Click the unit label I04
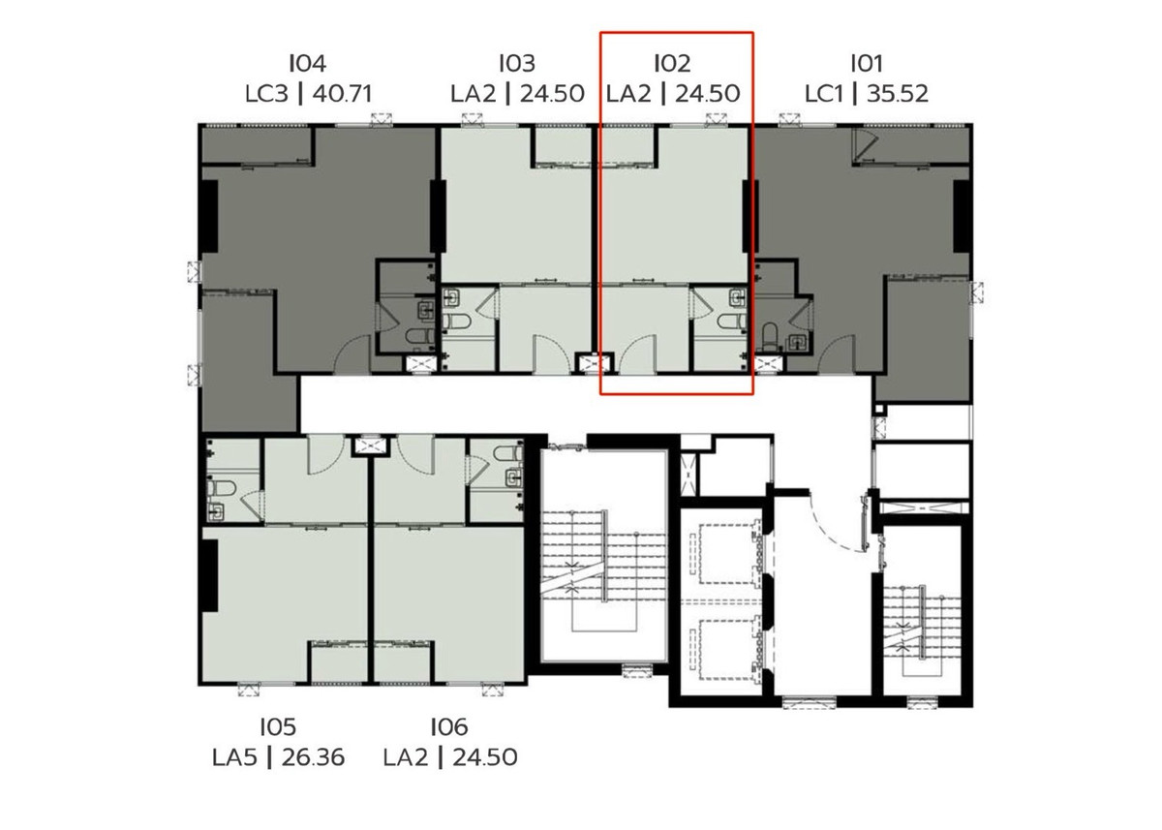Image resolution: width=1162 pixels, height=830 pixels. pyautogui.click(x=308, y=64)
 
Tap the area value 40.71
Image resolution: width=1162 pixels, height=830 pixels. pyautogui.click(x=342, y=94)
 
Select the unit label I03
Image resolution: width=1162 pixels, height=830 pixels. pyautogui.click(x=517, y=64)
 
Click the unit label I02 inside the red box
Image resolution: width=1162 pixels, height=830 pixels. pyautogui.click(x=672, y=64)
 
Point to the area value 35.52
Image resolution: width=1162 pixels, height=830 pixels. pyautogui.click(x=898, y=94)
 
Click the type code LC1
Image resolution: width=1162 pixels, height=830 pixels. pyautogui.click(x=824, y=94)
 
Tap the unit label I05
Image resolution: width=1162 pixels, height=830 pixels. pyautogui.click(x=278, y=727)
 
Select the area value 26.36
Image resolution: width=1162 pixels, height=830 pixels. pyautogui.click(x=313, y=758)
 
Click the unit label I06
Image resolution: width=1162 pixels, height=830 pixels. pyautogui.click(x=449, y=727)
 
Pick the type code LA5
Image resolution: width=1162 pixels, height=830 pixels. pyautogui.click(x=234, y=758)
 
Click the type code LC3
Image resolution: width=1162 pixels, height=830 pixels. pyautogui.click(x=266, y=94)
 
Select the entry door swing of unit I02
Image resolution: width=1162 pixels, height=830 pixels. pyautogui.click(x=638, y=354)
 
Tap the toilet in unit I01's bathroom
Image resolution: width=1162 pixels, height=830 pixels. pyautogui.click(x=771, y=337)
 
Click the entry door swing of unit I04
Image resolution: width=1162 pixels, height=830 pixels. pyautogui.click(x=352, y=354)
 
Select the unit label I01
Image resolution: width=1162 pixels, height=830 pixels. pyautogui.click(x=867, y=64)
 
